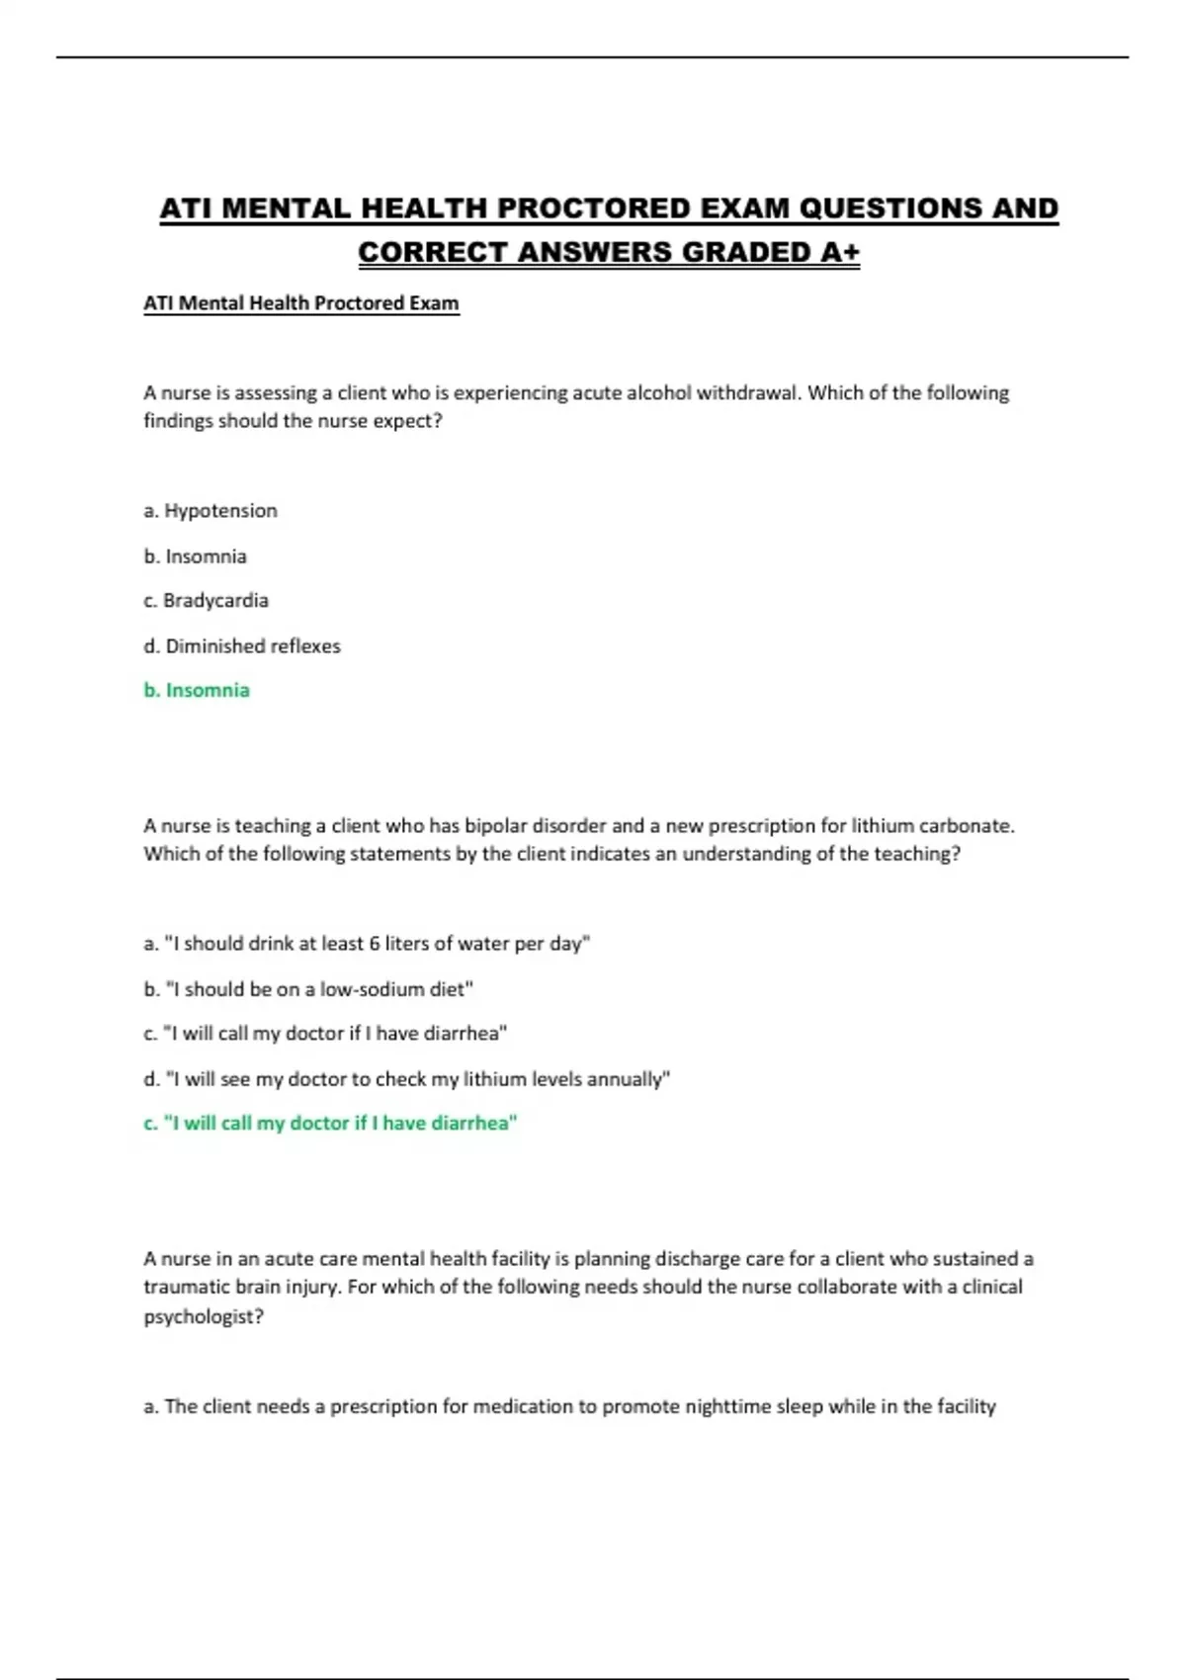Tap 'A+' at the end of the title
(839, 253)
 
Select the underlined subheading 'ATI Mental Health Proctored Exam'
(301, 303)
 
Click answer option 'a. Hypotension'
(211, 511)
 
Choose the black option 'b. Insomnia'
(195, 556)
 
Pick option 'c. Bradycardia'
(206, 601)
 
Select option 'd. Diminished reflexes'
(242, 646)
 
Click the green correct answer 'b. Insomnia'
(197, 691)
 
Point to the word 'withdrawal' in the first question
(748, 393)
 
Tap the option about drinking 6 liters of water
(367, 944)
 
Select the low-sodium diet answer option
(308, 989)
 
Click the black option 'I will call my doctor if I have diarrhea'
(325, 1034)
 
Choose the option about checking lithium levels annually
(407, 1079)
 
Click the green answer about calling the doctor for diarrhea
(330, 1124)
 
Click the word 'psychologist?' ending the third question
(204, 1317)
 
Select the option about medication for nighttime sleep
(570, 1406)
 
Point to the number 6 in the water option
(375, 944)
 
